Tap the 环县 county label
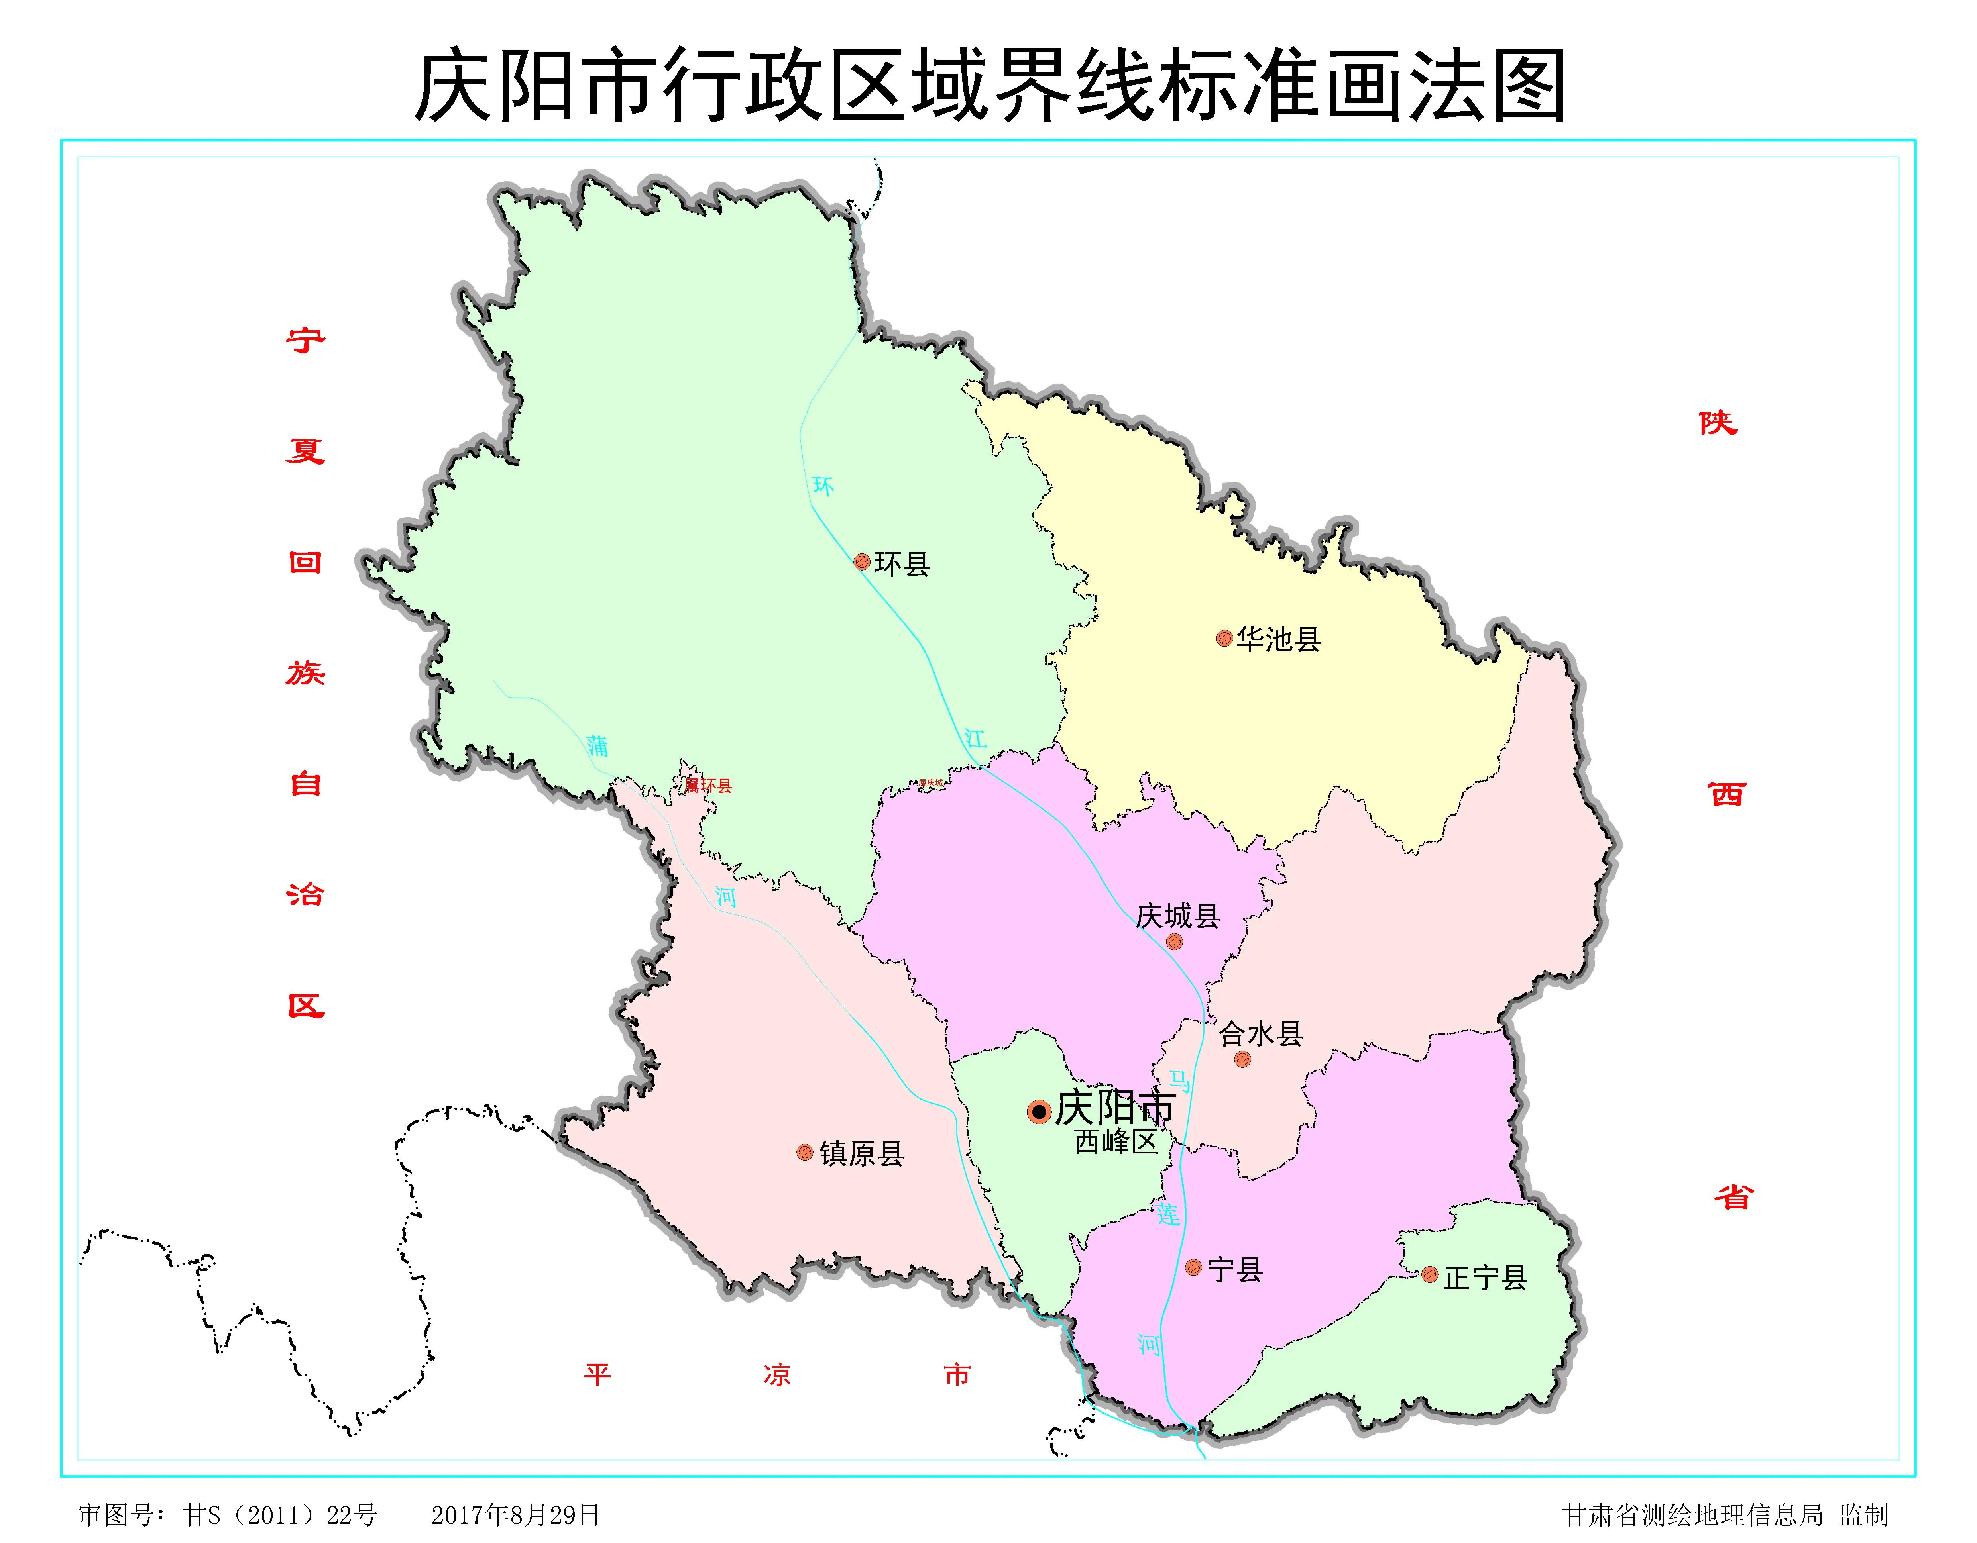point(902,564)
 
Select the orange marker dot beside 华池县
point(1224,638)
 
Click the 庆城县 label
point(1178,916)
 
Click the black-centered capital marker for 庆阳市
point(1039,1111)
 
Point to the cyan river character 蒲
point(597,746)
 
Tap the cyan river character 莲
point(1168,1214)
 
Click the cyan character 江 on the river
point(975,739)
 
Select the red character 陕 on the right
point(1717,423)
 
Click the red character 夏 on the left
point(305,450)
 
